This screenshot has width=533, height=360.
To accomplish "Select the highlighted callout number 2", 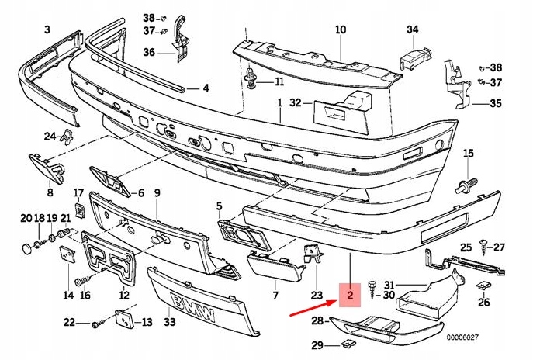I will [x=351, y=296].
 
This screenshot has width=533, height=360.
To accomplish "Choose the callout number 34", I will [x=413, y=30].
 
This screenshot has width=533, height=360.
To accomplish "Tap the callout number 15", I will [x=468, y=154].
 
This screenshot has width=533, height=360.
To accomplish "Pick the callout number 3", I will [x=47, y=30].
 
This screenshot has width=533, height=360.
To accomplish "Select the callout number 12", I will [x=124, y=295].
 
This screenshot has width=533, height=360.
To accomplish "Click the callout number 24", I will [x=49, y=137].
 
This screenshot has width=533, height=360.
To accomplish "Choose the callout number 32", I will [x=296, y=102].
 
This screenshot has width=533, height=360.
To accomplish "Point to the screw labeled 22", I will [x=95, y=324].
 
